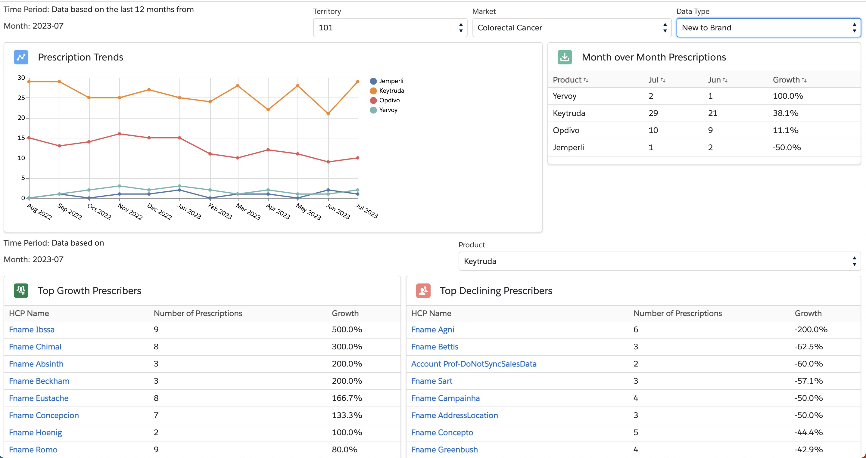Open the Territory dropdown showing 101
[x=390, y=28]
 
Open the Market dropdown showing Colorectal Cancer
[x=571, y=28]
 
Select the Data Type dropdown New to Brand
[x=768, y=28]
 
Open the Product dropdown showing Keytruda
[x=659, y=261]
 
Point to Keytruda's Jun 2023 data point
[x=328, y=113]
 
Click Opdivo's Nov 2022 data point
[x=119, y=134]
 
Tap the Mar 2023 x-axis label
[x=248, y=212]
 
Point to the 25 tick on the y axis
[x=21, y=98]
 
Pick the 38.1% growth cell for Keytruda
[x=785, y=113]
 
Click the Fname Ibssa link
[x=32, y=330]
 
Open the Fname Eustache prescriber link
[x=39, y=398]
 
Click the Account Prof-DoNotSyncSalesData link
[x=473, y=364]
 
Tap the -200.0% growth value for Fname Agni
[x=811, y=330]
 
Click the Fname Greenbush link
[x=444, y=450]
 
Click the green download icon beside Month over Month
[x=565, y=57]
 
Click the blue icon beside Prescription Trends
[x=21, y=57]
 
